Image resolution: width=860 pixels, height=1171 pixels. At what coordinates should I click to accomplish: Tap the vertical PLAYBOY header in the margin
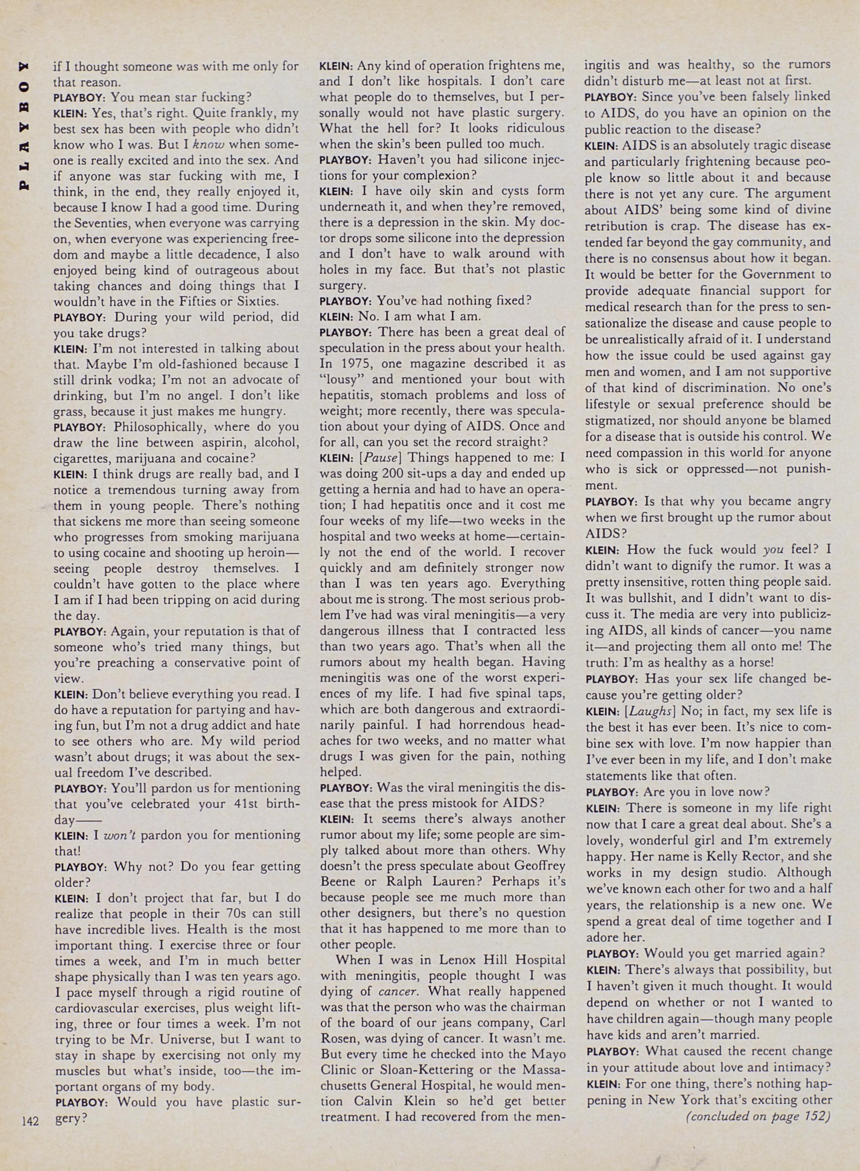click(24, 126)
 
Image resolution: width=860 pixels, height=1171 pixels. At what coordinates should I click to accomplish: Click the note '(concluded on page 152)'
click(758, 1116)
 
